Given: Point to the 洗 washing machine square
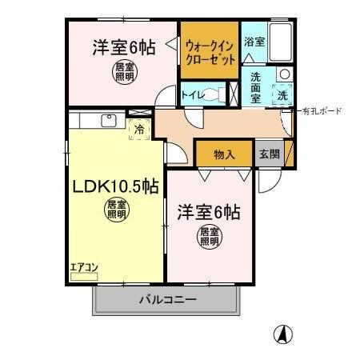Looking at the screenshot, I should point(282,94).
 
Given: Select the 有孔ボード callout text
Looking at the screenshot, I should point(320,111).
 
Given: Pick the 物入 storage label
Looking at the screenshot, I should point(224,154).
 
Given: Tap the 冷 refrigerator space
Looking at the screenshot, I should point(139,128).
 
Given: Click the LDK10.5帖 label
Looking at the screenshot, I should point(115,187).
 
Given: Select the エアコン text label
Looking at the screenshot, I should point(82,267).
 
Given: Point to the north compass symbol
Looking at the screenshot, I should point(282,334).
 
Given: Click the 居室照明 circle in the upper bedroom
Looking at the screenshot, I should point(124,73).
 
